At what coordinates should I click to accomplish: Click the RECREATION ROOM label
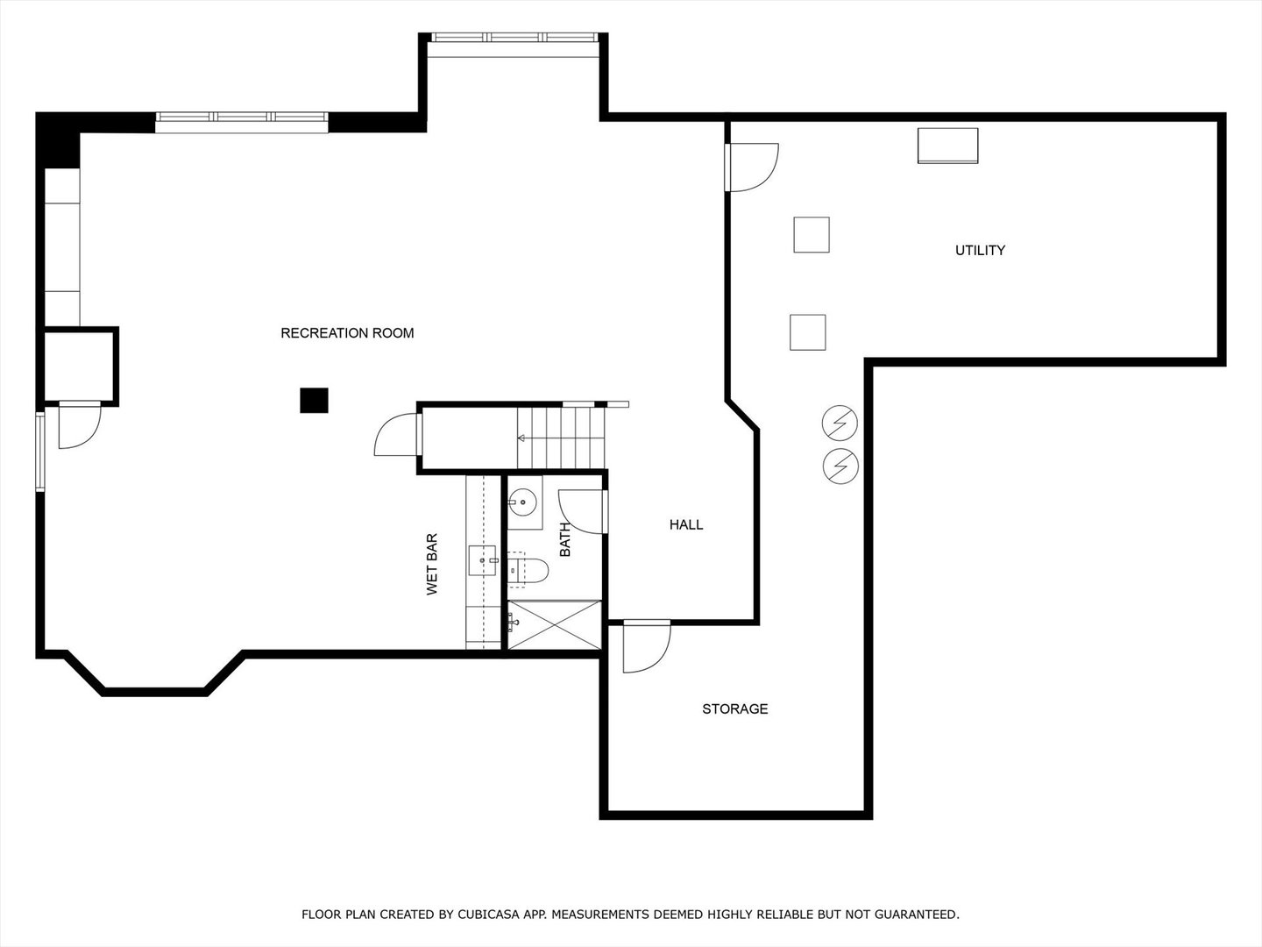347,333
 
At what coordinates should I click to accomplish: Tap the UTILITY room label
980,251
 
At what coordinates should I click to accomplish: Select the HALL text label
686,525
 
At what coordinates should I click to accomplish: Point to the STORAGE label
734,708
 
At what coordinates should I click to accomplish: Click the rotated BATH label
565,539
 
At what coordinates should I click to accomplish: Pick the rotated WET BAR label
432,565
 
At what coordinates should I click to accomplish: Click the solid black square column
314,400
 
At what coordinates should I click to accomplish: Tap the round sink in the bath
523,502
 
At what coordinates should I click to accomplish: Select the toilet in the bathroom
529,571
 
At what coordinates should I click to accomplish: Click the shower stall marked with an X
555,624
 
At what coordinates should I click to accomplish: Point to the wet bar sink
483,559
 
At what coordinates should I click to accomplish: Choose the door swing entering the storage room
645,646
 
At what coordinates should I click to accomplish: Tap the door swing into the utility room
752,167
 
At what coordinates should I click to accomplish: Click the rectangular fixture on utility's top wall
947,145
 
